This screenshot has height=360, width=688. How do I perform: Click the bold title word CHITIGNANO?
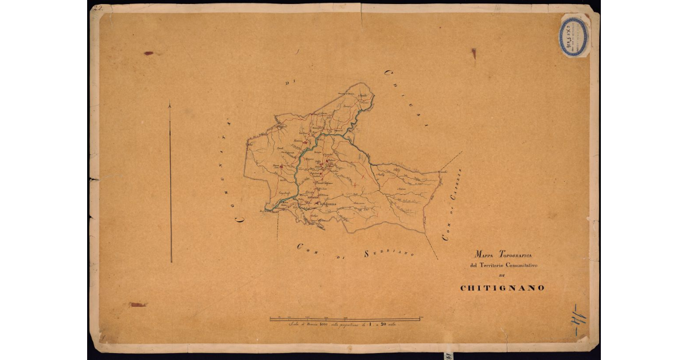click(x=502, y=288)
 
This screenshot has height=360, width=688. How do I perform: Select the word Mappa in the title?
click(x=484, y=254)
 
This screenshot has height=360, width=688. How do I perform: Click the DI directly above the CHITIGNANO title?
click(x=503, y=276)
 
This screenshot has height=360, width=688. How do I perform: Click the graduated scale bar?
click(x=347, y=318)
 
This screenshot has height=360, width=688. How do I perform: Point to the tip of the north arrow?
click(x=170, y=105)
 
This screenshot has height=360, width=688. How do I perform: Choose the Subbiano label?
click(x=389, y=252)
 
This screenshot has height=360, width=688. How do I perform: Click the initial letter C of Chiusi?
click(x=388, y=73)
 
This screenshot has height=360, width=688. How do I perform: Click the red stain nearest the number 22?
click(x=148, y=53)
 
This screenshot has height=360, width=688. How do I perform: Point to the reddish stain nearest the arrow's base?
click(x=138, y=304)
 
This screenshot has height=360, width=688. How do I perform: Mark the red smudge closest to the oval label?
click(x=474, y=53)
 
